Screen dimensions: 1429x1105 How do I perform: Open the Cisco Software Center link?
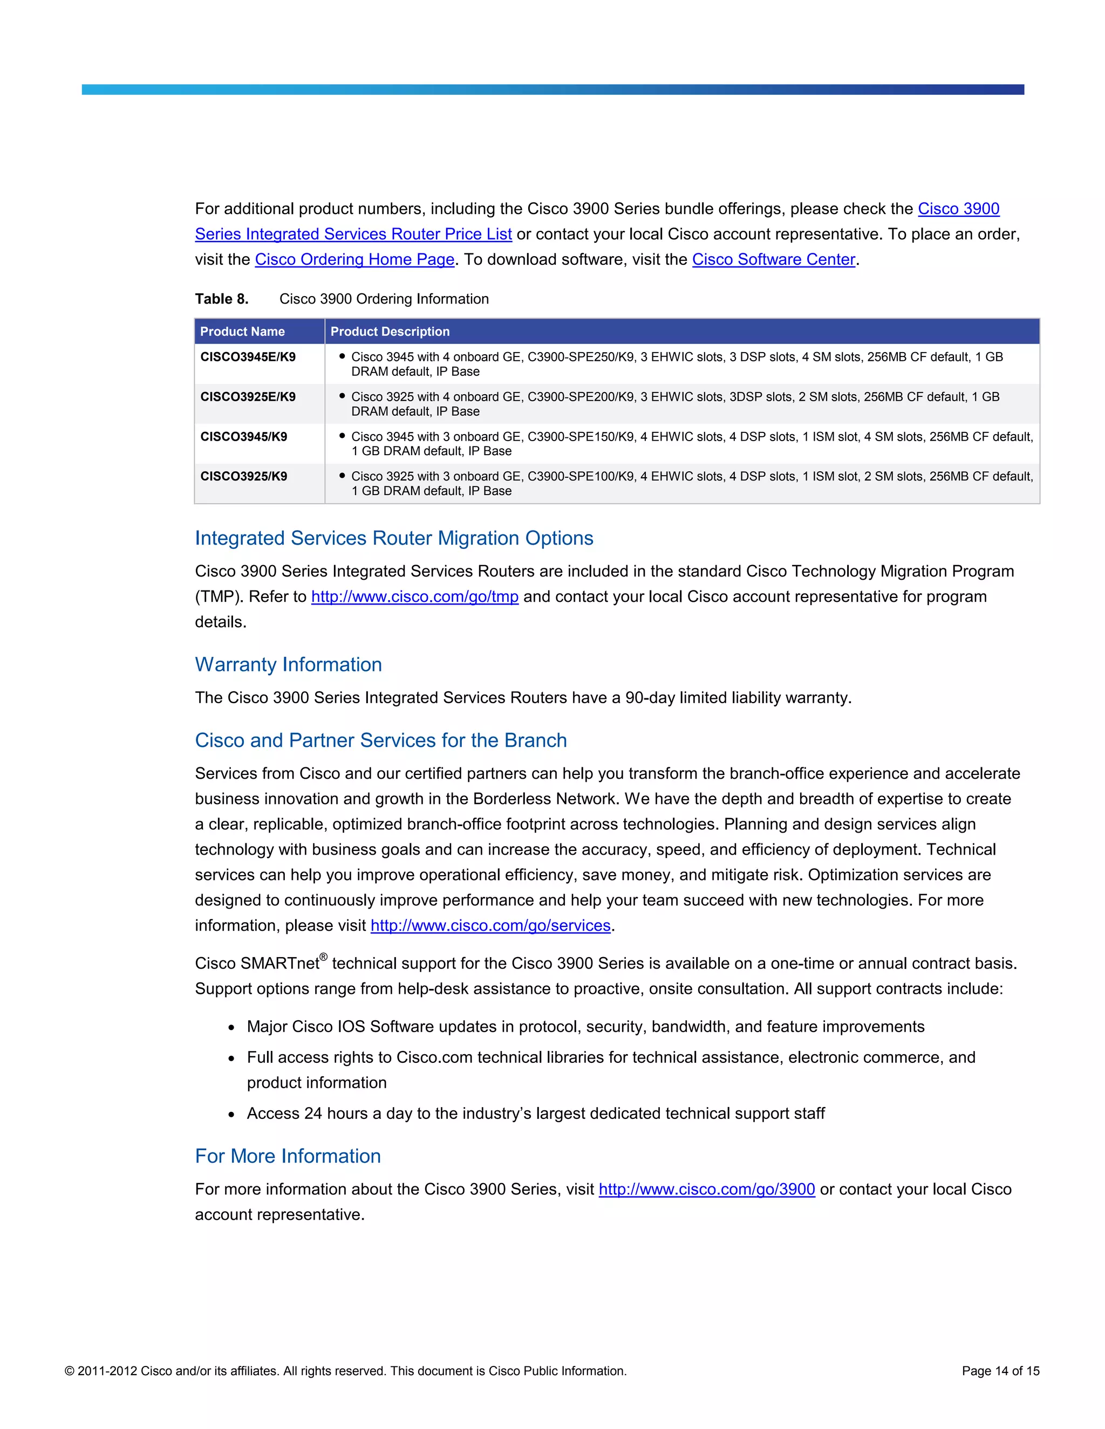click(x=773, y=260)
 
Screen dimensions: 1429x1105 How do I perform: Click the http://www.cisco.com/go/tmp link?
click(x=414, y=597)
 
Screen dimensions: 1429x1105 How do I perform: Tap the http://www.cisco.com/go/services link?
click(x=490, y=926)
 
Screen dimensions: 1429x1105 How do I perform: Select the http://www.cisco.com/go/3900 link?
click(x=706, y=1190)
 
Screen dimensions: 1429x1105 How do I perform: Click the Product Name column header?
click(x=242, y=332)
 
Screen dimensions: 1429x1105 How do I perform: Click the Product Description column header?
click(x=390, y=332)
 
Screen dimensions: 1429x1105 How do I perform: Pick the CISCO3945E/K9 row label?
click(x=248, y=357)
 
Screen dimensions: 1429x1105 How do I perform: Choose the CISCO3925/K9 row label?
click(x=243, y=476)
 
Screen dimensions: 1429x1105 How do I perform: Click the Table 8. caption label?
click(x=221, y=299)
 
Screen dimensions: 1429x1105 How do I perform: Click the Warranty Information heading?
click(x=288, y=665)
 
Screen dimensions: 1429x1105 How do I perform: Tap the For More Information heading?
click(x=288, y=1156)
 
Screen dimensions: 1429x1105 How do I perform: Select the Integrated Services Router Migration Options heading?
click(x=393, y=539)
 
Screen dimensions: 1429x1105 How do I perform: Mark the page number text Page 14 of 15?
click(x=1000, y=1371)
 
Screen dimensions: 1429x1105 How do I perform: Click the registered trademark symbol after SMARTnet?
click(x=323, y=957)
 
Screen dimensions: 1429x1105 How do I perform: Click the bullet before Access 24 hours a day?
click(x=231, y=1114)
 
